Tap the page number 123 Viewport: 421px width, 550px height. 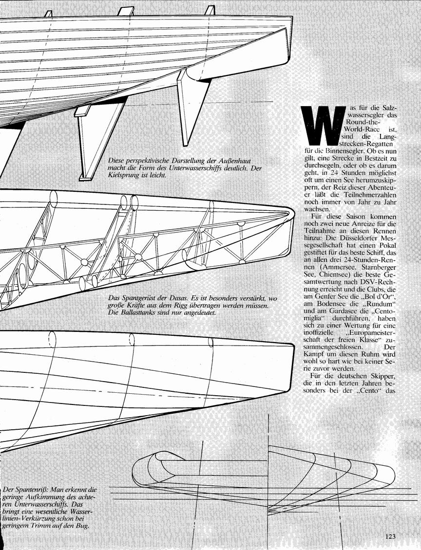[x=390, y=536]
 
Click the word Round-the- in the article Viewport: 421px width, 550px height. [x=359, y=122]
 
